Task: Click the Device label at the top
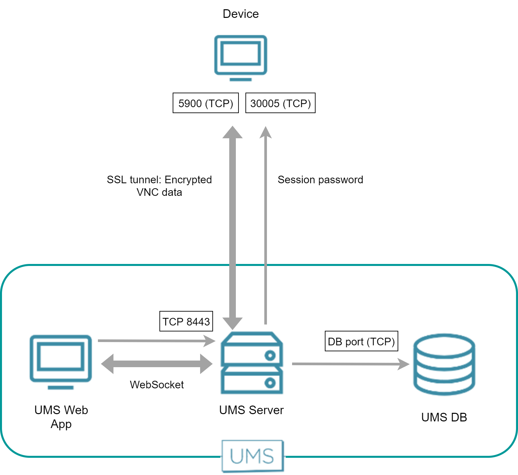tap(240, 14)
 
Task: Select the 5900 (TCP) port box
tap(205, 103)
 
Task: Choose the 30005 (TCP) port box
tap(280, 103)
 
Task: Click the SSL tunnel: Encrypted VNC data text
tap(159, 186)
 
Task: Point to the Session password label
tap(320, 180)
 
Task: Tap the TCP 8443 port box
tap(186, 321)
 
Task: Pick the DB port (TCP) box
tap(361, 341)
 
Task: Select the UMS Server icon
tap(252, 363)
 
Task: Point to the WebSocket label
tap(157, 385)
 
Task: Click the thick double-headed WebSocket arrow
tap(157, 364)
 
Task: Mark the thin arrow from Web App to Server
tap(155, 341)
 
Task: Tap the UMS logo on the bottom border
tap(252, 456)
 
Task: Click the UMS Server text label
tap(251, 410)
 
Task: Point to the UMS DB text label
tap(444, 417)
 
